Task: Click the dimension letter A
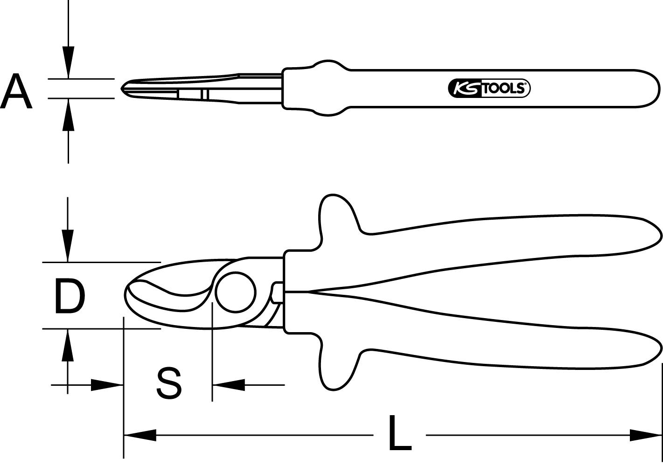click(x=17, y=91)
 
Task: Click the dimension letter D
click(x=70, y=296)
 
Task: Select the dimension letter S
click(x=168, y=383)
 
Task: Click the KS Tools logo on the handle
click(x=489, y=88)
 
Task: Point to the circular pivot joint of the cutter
click(x=236, y=292)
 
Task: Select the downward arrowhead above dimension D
click(x=69, y=245)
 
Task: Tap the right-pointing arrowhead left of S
click(x=106, y=385)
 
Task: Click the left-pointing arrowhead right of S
click(x=229, y=385)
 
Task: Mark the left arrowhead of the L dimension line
click(x=140, y=436)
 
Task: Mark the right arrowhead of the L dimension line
click(x=646, y=436)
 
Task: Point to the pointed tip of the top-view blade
click(x=123, y=88)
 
